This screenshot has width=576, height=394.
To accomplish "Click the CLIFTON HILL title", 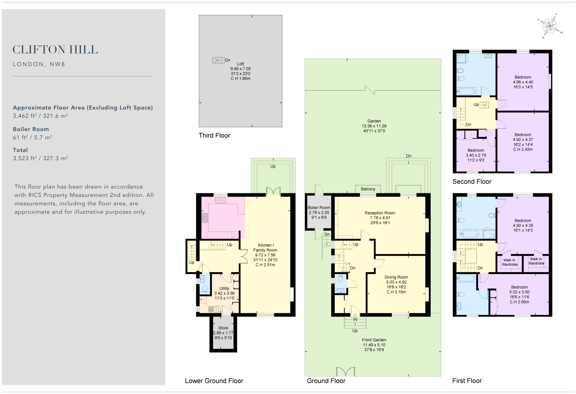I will (55, 50).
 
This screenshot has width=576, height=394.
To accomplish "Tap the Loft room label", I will (240, 64).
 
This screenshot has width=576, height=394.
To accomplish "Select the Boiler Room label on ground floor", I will (319, 208).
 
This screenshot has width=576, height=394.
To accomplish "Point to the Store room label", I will (223, 328).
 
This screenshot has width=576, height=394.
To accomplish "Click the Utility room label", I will (224, 288).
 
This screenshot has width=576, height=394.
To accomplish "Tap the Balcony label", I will (368, 189).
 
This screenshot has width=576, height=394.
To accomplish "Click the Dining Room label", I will (396, 277).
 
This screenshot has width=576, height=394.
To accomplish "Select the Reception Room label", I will (380, 213).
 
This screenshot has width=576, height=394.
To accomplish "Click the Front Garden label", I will (374, 340).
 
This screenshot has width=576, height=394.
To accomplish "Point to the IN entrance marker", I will (355, 320).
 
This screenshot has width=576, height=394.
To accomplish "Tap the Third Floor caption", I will (214, 136).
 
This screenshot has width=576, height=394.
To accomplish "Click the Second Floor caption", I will (472, 182).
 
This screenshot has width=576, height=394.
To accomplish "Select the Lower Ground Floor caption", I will (214, 381).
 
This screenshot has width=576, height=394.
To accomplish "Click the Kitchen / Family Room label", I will (265, 248).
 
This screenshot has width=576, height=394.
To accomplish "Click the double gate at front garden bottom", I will (345, 372).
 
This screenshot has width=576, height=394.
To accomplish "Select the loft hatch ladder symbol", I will (218, 60).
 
